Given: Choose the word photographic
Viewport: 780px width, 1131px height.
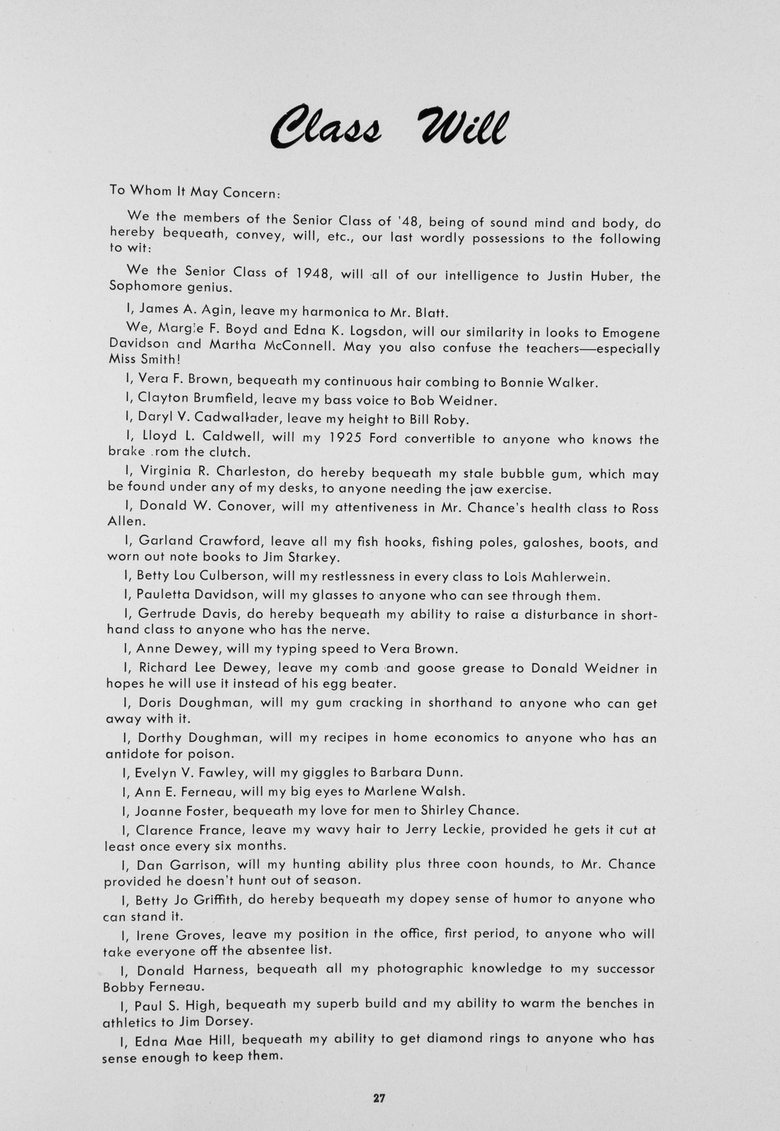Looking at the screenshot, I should pos(420,969).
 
